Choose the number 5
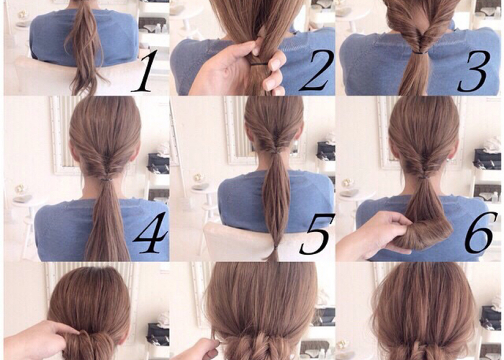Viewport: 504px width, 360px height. point(317,233)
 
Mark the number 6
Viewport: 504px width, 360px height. point(480,232)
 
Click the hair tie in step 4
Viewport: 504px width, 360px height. point(105,175)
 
